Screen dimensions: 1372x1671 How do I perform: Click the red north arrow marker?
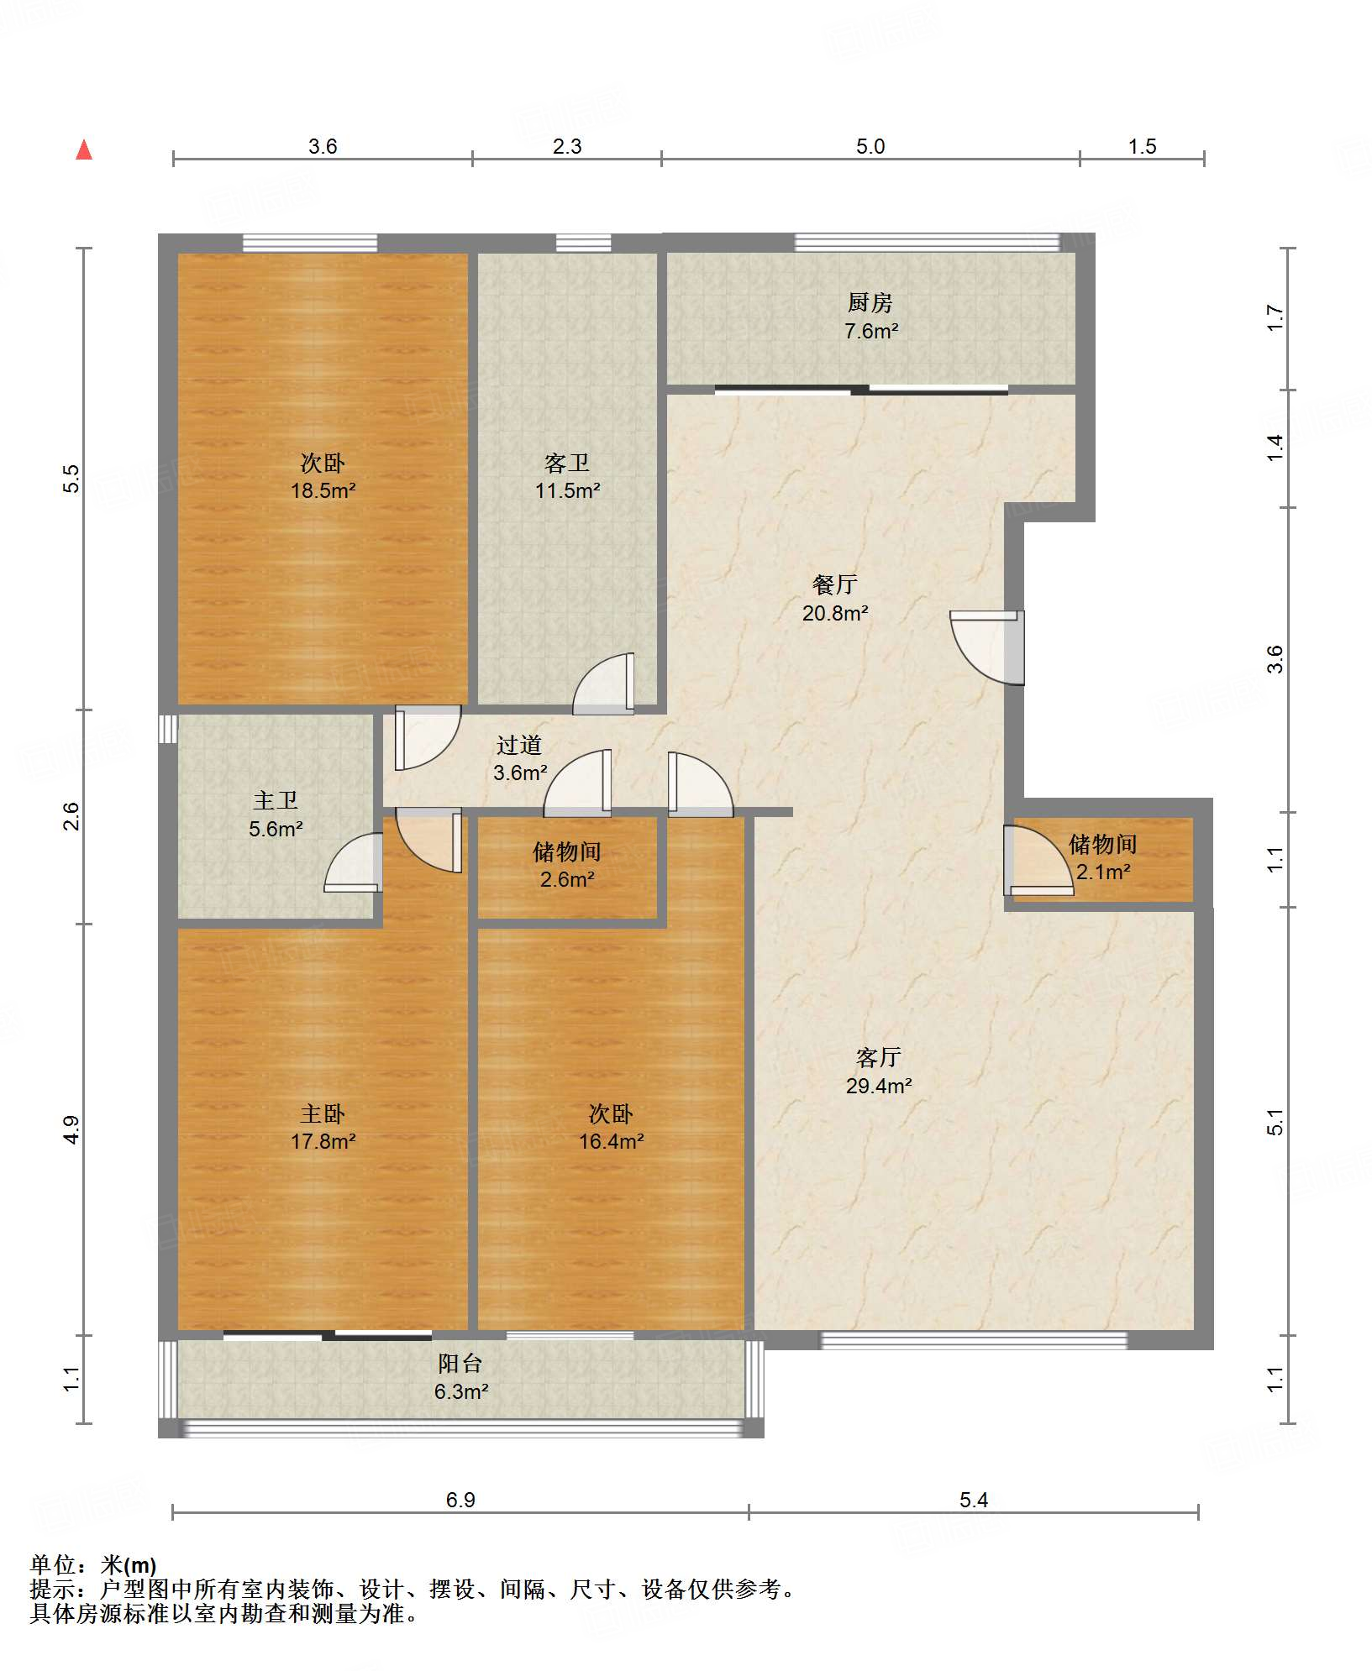(x=84, y=150)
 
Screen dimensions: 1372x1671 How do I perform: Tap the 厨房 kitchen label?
(x=870, y=302)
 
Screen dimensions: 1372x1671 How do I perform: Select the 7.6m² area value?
(x=871, y=331)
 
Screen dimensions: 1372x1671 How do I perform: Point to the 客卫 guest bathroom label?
(x=566, y=463)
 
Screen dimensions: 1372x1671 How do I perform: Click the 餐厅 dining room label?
(x=834, y=584)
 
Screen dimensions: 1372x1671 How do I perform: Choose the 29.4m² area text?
(x=879, y=1086)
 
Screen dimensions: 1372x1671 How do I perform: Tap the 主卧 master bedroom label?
(x=323, y=1113)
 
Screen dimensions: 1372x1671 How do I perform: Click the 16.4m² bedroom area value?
(x=611, y=1141)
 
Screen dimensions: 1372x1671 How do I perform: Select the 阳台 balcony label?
(x=460, y=1364)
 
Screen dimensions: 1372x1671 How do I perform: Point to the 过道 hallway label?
(x=518, y=745)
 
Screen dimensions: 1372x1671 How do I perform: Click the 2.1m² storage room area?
(x=1103, y=872)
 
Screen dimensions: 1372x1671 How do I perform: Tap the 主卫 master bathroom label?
(x=275, y=800)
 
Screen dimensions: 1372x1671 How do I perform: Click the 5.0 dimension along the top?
(x=870, y=146)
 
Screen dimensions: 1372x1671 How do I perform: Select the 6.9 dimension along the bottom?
(x=460, y=1500)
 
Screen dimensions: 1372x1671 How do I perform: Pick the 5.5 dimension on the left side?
(x=72, y=479)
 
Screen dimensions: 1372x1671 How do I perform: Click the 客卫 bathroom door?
(x=604, y=684)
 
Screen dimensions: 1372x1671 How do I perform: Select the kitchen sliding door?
(x=861, y=390)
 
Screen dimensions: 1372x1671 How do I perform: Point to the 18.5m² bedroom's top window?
(x=310, y=243)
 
